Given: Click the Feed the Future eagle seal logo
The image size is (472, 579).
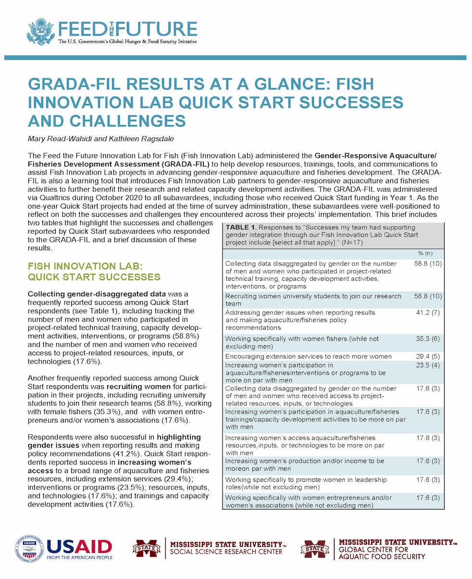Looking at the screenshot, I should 41,32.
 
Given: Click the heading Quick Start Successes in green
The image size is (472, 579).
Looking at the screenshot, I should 94,277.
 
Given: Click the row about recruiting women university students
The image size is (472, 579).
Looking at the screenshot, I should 313,300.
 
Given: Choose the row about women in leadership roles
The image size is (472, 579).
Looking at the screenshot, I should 306,483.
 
